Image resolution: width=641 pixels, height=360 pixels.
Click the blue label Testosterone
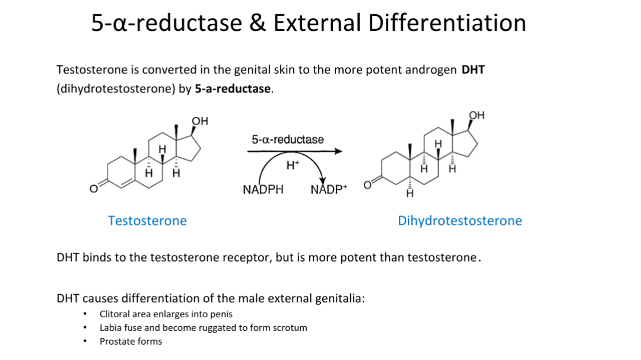point(147,221)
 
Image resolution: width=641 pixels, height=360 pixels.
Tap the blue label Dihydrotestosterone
point(460,221)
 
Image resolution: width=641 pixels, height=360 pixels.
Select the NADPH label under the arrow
point(263,190)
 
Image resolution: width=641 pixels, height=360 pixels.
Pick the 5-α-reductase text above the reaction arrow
point(288,139)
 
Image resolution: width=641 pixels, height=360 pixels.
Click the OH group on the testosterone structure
point(201,121)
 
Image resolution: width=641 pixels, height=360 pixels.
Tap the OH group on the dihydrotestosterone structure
point(477,114)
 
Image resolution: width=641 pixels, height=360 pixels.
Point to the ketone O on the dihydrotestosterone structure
point(367,184)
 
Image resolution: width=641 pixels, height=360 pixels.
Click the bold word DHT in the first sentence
point(473,70)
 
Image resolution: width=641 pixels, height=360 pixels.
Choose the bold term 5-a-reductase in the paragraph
point(233,90)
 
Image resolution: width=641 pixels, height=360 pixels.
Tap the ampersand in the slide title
point(256,23)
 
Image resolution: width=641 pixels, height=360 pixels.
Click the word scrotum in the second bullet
point(290,328)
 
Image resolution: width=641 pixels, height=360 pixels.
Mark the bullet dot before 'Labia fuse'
point(87,328)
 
